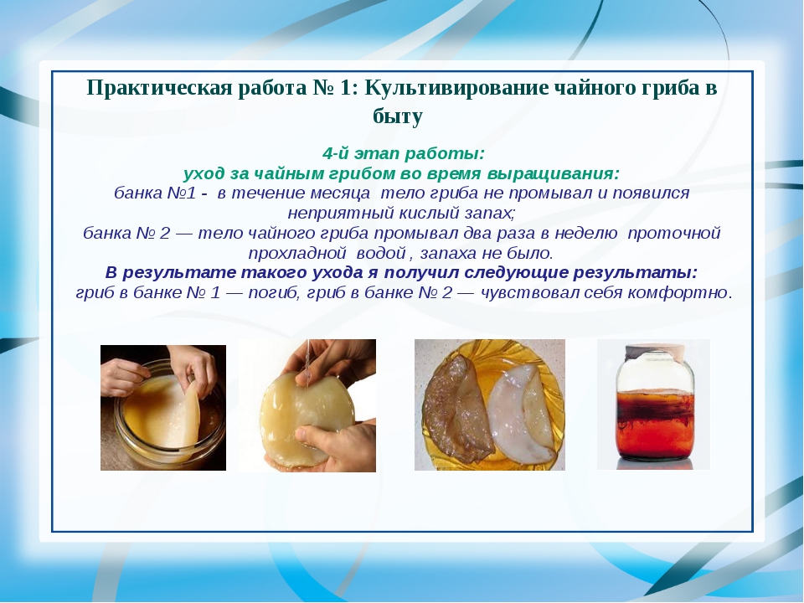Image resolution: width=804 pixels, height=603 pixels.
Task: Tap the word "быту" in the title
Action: click(398, 116)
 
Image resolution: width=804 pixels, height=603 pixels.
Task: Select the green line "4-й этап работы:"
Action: click(403, 153)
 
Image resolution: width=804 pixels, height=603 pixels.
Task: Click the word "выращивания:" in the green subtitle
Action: click(554, 174)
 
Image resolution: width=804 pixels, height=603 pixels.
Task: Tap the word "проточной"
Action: click(673, 234)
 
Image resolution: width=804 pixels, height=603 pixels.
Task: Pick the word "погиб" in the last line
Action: click(274, 293)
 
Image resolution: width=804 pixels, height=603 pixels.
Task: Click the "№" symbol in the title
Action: click(323, 88)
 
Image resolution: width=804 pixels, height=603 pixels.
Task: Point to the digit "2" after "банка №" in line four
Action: click(165, 234)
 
